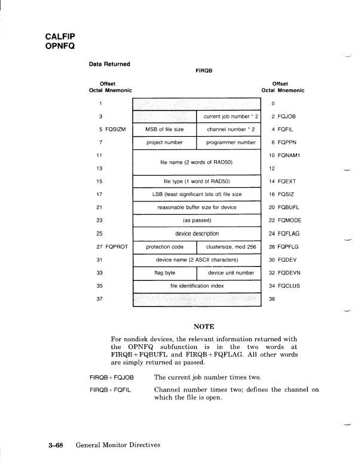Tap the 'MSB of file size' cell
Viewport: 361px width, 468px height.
click(x=164, y=129)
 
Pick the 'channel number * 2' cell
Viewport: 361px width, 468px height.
click(x=229, y=129)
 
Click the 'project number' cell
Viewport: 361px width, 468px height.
click(x=164, y=143)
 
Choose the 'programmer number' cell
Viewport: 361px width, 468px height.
click(x=229, y=143)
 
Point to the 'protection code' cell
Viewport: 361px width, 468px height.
click(x=164, y=246)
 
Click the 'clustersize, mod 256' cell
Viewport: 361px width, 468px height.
click(x=229, y=246)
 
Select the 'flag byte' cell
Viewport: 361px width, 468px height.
click(x=164, y=273)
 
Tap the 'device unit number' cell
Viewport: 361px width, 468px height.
click(x=229, y=273)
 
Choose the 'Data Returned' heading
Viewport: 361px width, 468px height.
click(x=109, y=63)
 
